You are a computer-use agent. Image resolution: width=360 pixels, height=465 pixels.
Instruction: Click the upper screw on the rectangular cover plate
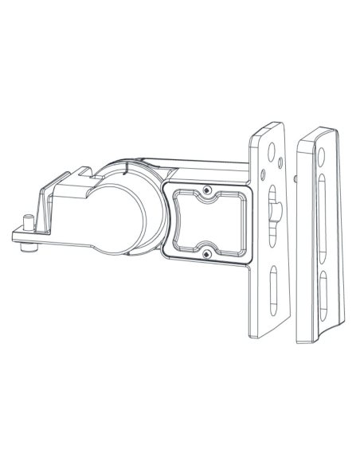[206, 191]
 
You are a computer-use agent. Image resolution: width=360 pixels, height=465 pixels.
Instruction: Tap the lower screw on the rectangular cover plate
[206, 253]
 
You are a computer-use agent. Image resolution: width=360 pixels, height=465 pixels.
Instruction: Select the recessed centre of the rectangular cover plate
[206, 222]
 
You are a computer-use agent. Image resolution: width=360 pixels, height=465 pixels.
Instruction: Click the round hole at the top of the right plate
[324, 147]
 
